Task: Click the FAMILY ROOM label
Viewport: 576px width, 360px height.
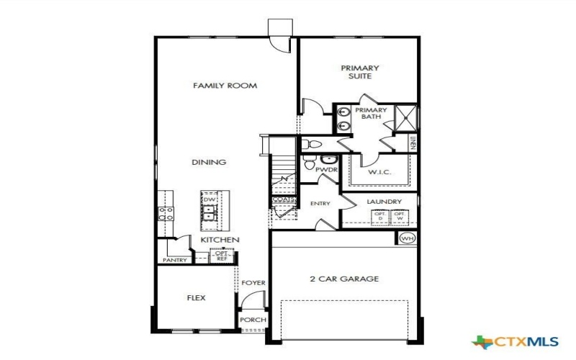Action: click(225, 86)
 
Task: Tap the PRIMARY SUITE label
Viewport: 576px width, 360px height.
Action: click(359, 72)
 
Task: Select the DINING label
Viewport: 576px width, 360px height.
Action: click(209, 163)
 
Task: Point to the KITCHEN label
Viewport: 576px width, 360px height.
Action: click(220, 240)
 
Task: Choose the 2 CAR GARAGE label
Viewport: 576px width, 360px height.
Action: click(344, 279)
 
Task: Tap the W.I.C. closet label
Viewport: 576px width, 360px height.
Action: click(379, 173)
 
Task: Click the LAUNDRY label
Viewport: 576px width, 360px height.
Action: click(379, 202)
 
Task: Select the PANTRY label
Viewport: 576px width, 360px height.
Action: click(175, 260)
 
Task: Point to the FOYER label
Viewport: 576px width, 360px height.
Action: click(253, 283)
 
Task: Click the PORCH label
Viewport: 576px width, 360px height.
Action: click(253, 320)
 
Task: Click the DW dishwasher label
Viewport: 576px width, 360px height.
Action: click(210, 199)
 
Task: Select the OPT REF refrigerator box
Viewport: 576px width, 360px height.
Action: click(221, 256)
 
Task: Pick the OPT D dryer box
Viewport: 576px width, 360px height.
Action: click(379, 216)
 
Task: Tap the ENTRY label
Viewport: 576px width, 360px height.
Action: click(320, 204)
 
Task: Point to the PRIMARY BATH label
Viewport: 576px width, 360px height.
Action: click(371, 114)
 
